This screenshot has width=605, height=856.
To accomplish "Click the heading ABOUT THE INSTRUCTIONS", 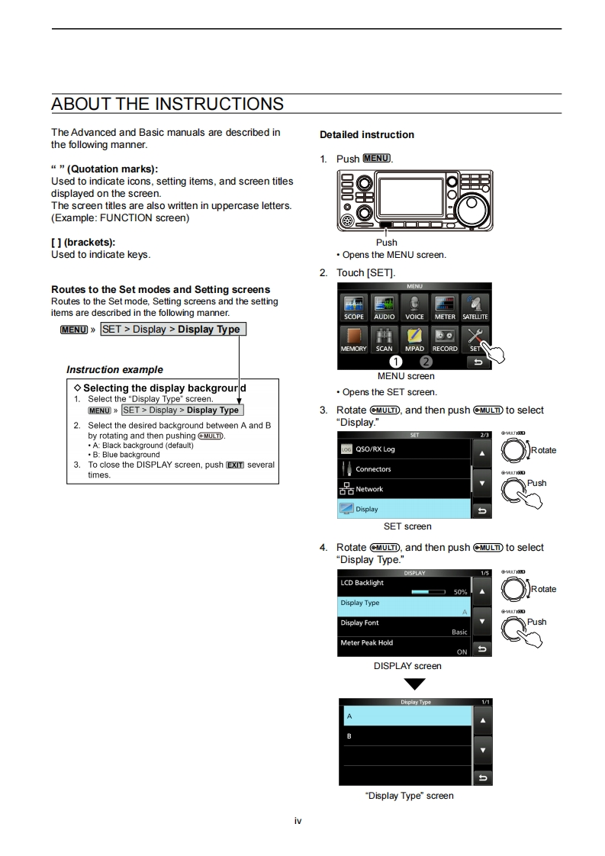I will [167, 104].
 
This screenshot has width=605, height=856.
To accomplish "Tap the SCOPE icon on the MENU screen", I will [353, 307].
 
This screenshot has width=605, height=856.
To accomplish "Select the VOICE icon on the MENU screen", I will [414, 307].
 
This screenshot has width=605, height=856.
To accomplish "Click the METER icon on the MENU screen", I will [445, 307].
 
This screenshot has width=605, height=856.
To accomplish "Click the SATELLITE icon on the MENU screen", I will [475, 307].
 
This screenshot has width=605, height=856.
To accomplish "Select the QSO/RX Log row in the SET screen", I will [404, 449].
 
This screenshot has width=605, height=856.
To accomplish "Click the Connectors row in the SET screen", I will [404, 469].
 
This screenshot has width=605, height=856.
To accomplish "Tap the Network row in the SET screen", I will [404, 489].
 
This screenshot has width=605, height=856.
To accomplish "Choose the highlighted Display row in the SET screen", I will [404, 509].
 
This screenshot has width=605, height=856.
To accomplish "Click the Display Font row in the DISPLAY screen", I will [404, 627].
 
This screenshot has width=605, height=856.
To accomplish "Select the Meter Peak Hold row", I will [404, 647].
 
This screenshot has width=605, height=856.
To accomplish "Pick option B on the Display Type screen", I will [404, 736].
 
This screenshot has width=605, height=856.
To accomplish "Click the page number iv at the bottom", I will [298, 821].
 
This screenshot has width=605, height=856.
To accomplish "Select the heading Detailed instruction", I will [367, 135].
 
